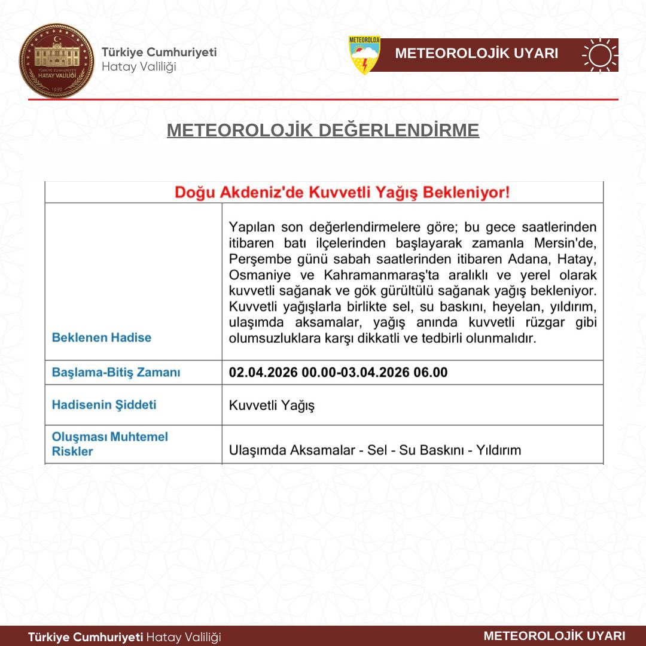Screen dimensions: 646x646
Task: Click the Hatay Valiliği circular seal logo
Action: click(x=57, y=60)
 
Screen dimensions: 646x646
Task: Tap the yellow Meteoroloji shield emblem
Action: click(x=364, y=55)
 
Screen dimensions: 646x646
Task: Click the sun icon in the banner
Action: click(x=600, y=55)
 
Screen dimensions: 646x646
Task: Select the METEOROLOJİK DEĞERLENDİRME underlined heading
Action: click(x=323, y=130)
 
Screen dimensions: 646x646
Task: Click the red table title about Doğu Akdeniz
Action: click(x=342, y=193)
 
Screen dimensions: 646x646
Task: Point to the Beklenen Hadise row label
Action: click(x=102, y=337)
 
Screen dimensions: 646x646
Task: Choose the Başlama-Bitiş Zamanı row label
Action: click(x=116, y=372)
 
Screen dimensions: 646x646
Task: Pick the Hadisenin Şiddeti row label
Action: click(x=104, y=404)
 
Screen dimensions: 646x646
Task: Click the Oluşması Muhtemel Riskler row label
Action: click(x=110, y=444)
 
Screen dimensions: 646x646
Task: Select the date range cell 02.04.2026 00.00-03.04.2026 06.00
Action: click(x=338, y=372)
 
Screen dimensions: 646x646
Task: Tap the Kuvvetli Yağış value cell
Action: click(x=272, y=406)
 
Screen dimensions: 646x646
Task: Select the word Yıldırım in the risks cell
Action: click(x=498, y=450)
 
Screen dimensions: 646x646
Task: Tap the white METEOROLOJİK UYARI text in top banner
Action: click(x=477, y=54)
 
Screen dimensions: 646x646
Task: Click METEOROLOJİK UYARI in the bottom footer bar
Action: click(x=554, y=636)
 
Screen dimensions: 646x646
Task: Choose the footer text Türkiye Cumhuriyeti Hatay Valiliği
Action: click(x=124, y=637)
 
